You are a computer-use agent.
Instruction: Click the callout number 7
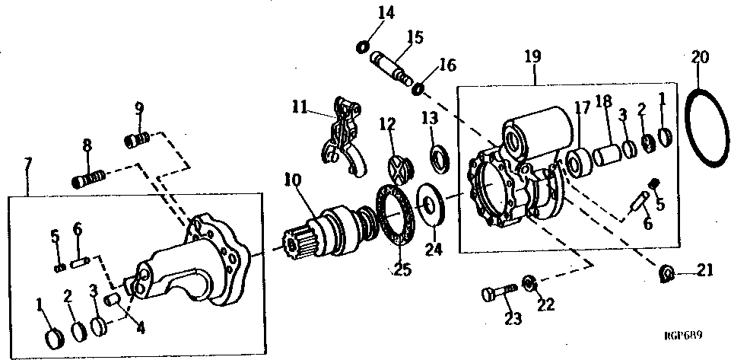pyautogui.click(x=29, y=165)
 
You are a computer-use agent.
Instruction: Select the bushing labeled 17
pyautogui.click(x=578, y=163)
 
